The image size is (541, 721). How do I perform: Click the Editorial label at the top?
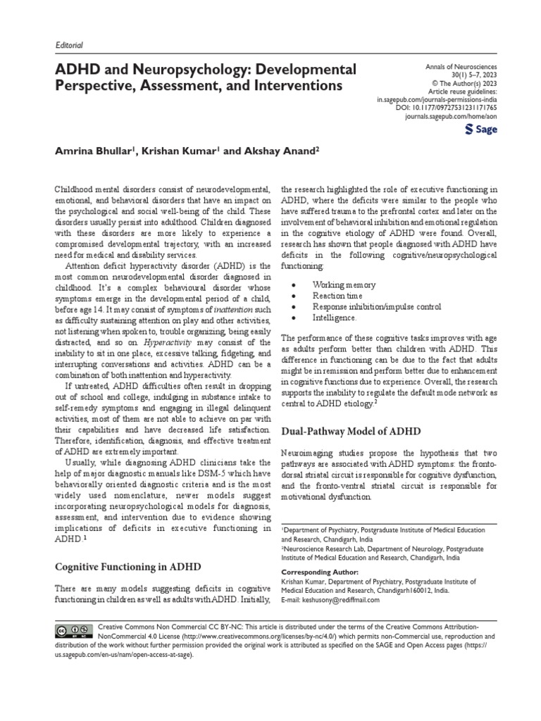69,45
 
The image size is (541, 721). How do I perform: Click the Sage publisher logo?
483,131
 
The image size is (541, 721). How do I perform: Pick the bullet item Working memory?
339,285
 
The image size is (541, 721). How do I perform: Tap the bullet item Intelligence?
334,318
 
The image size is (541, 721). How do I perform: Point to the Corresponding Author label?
320,572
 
